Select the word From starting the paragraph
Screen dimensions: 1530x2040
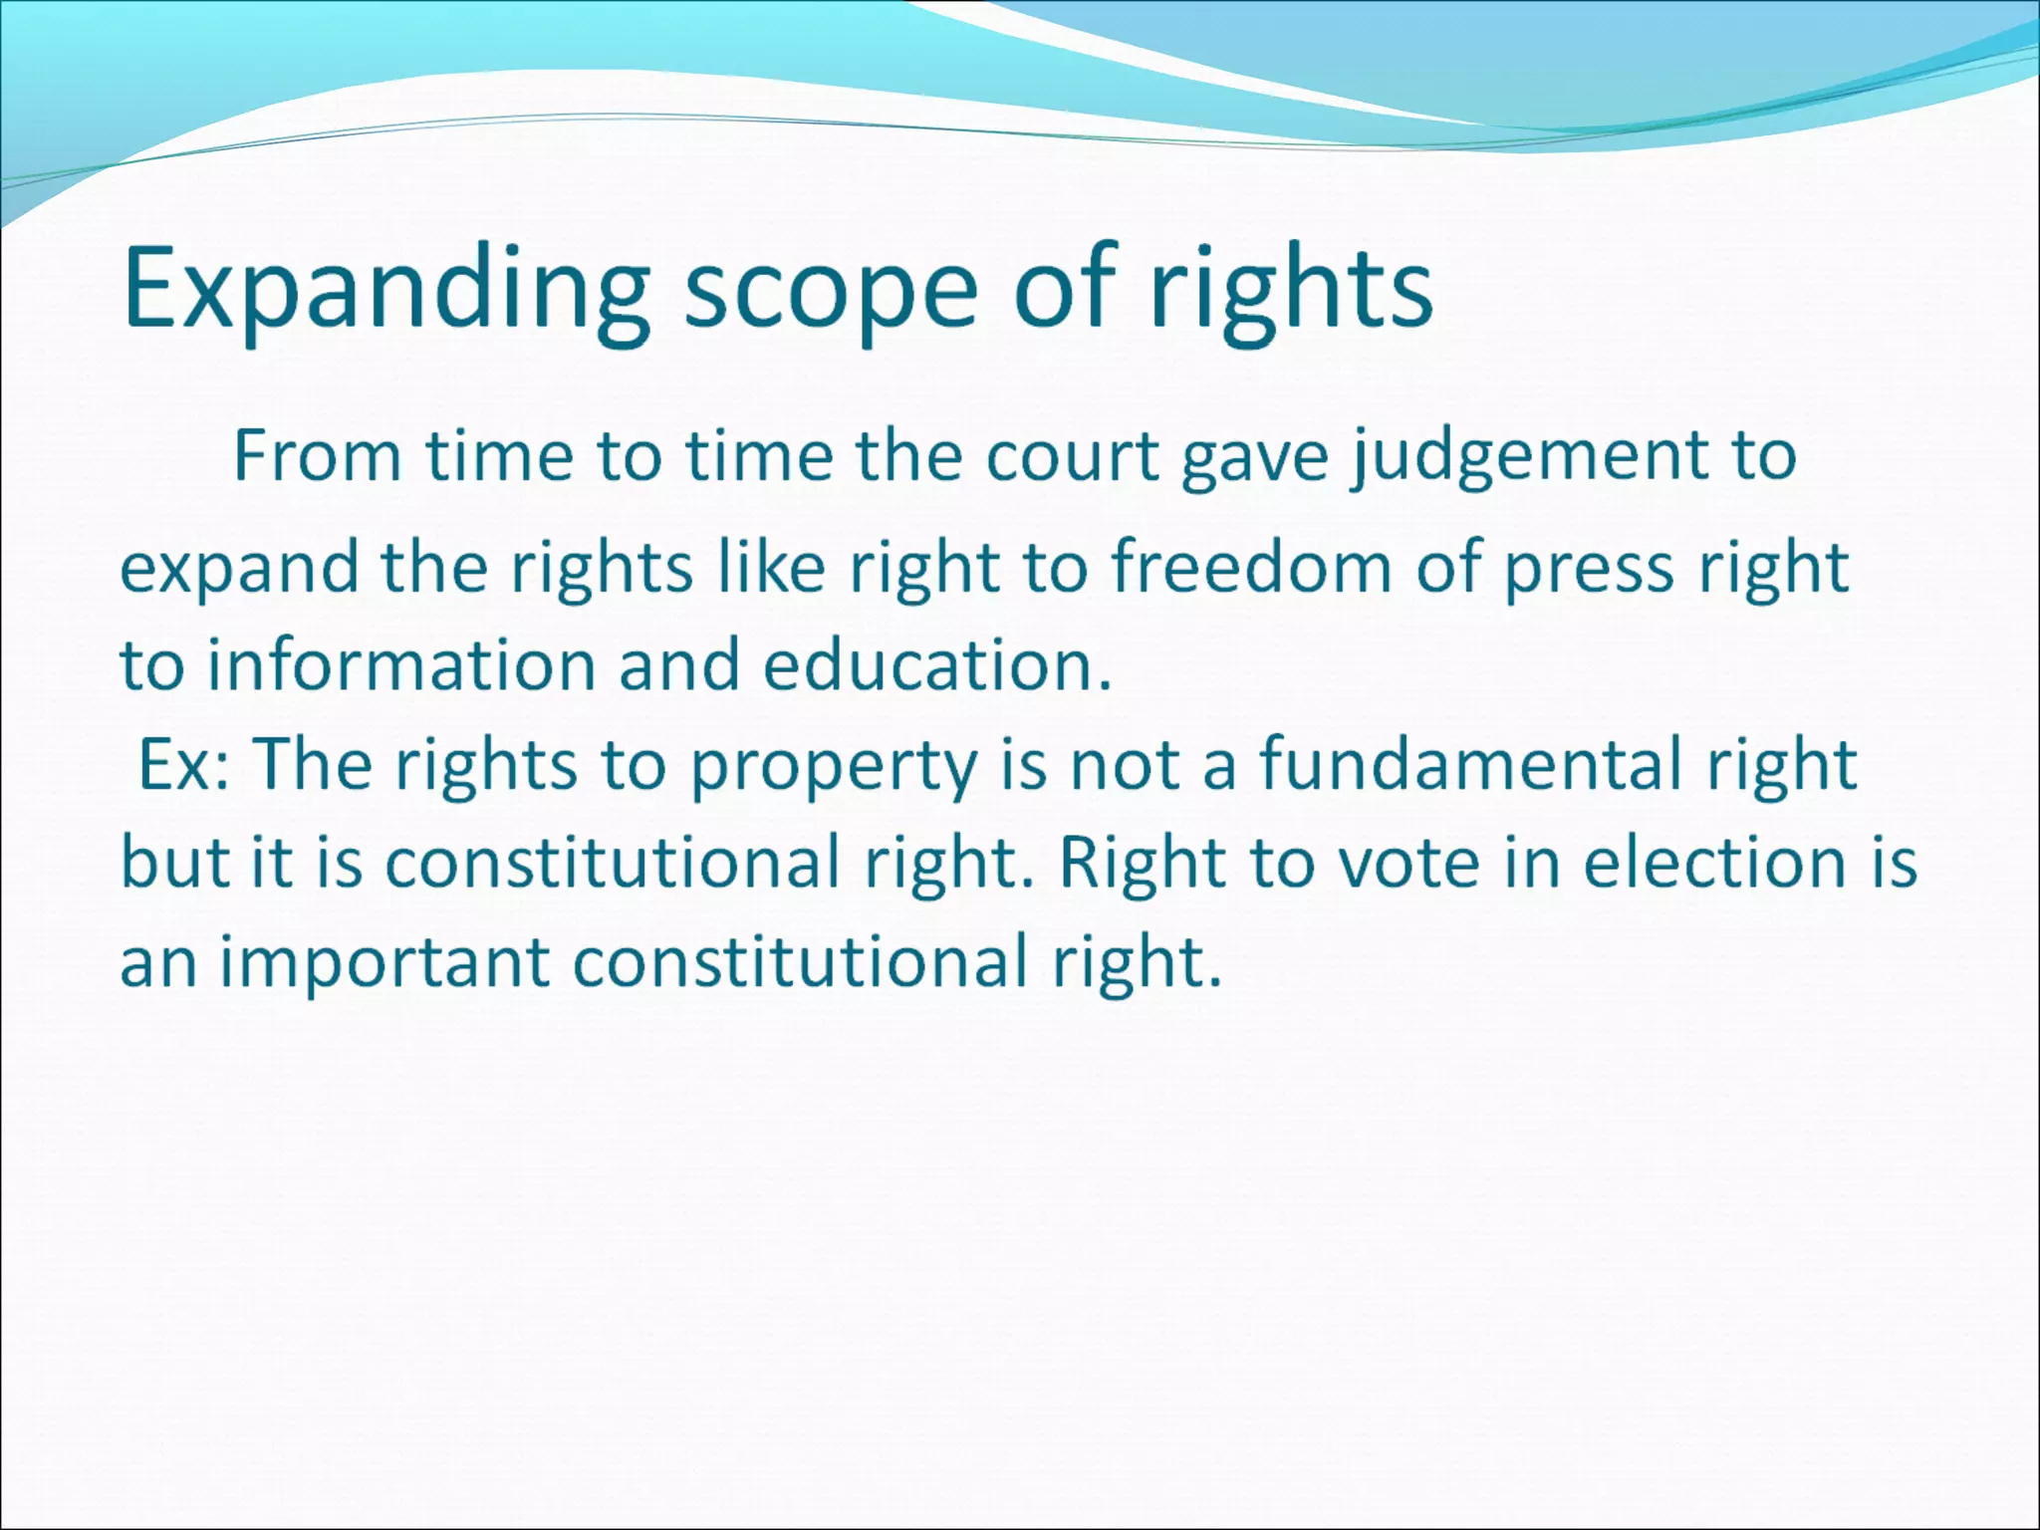pyautogui.click(x=317, y=457)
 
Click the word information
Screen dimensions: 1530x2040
pyautogui.click(x=400, y=665)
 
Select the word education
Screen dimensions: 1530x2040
pyautogui.click(x=936, y=665)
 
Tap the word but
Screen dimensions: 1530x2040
pyautogui.click(x=175, y=862)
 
